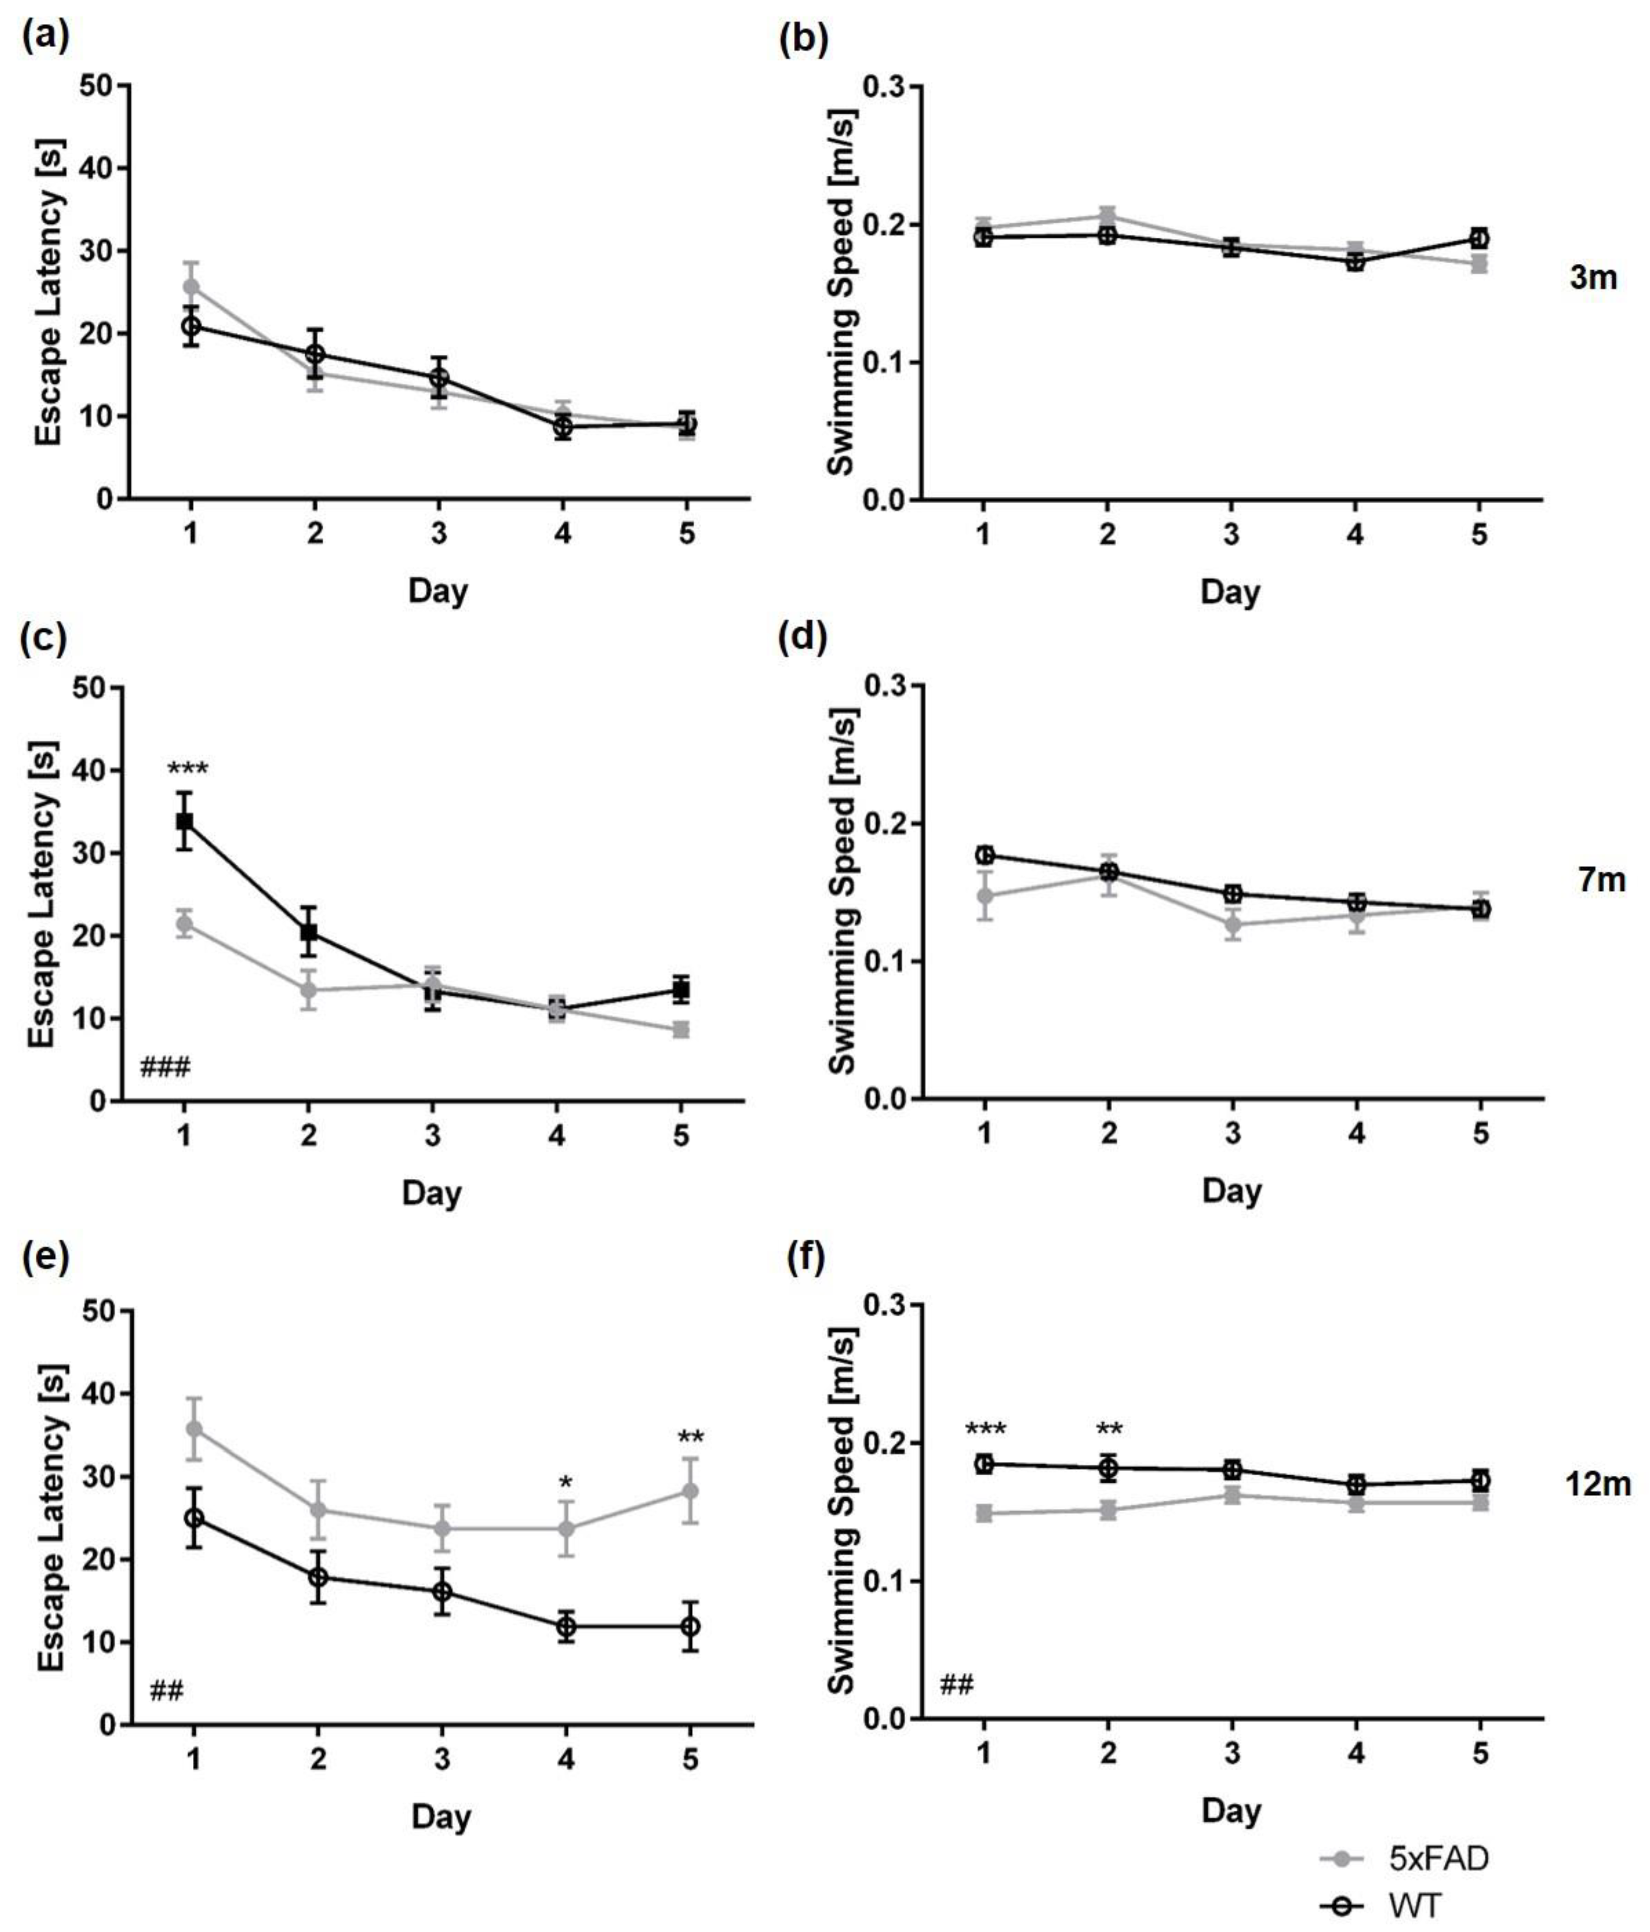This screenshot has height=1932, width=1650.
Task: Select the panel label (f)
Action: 804,1260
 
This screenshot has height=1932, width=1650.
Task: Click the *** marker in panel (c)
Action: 188,770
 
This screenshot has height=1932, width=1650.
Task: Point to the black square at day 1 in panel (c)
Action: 185,820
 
